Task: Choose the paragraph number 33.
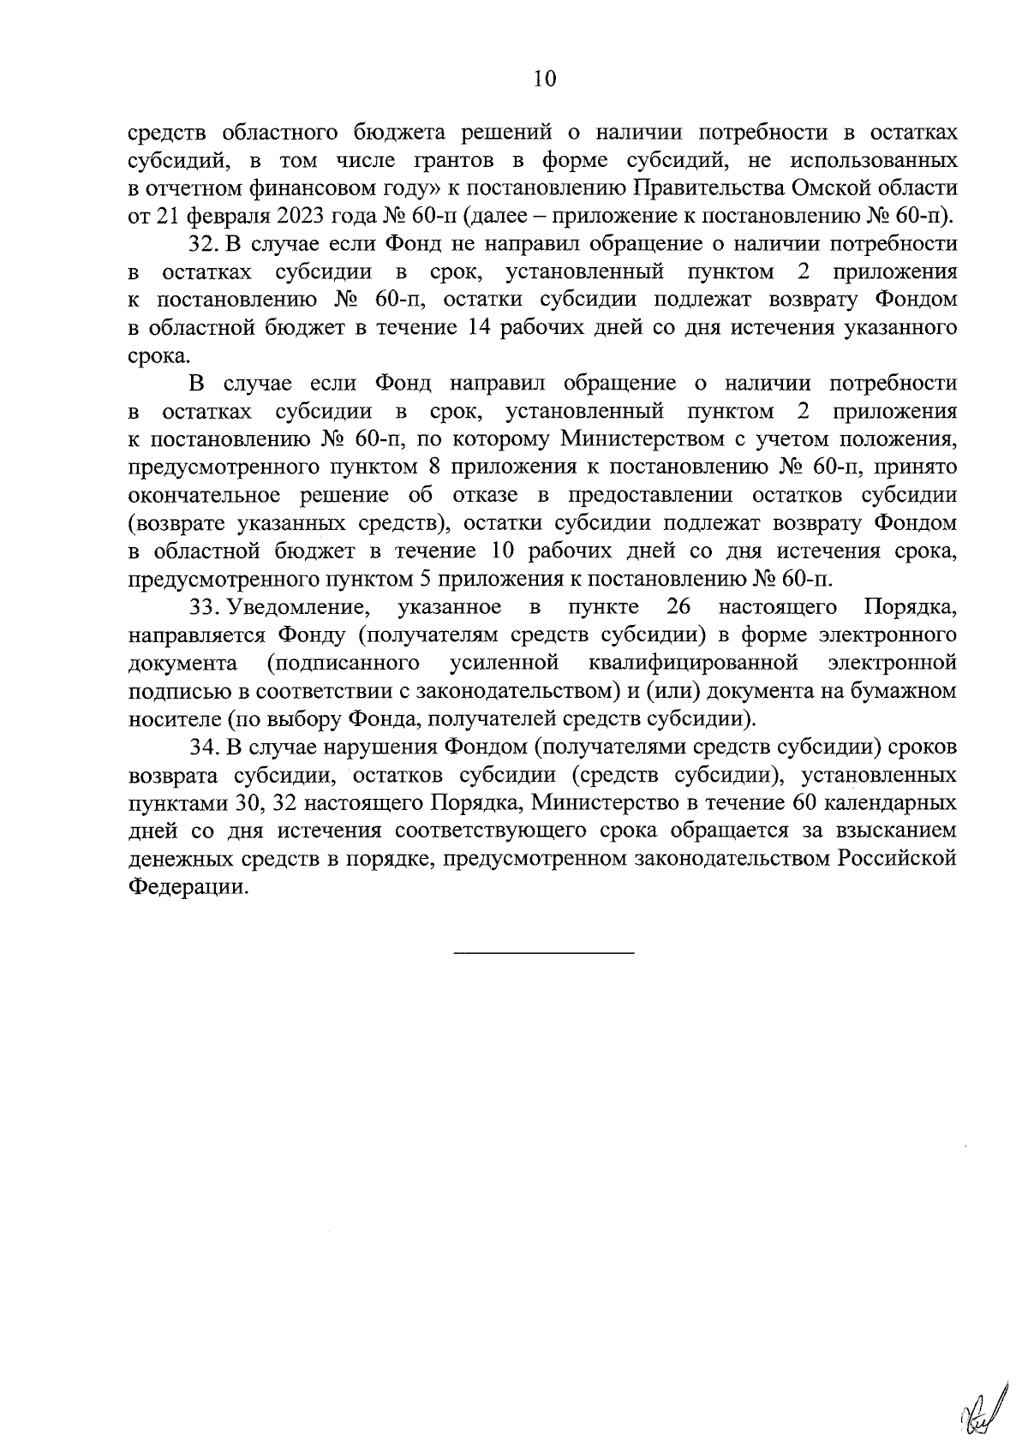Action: [205, 607]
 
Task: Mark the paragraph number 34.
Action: [205, 747]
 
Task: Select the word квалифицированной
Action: [694, 663]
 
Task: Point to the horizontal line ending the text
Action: [543, 953]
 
